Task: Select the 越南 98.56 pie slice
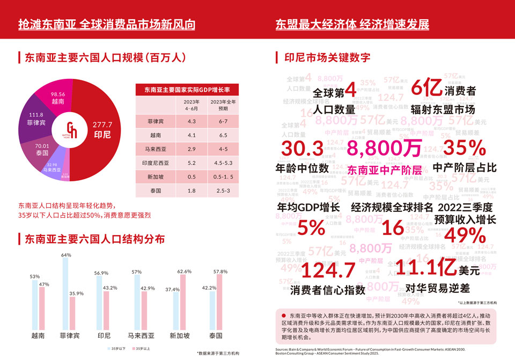tap(58, 97)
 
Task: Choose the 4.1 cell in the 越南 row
tap(192, 136)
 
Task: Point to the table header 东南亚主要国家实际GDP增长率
tap(187, 89)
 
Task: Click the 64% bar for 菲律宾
tap(65, 293)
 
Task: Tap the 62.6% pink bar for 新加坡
tap(183, 302)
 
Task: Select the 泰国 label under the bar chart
tap(216, 336)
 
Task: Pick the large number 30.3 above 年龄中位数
tap(303, 149)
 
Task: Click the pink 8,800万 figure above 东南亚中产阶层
tap(384, 149)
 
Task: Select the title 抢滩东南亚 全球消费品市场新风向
tap(106, 24)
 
